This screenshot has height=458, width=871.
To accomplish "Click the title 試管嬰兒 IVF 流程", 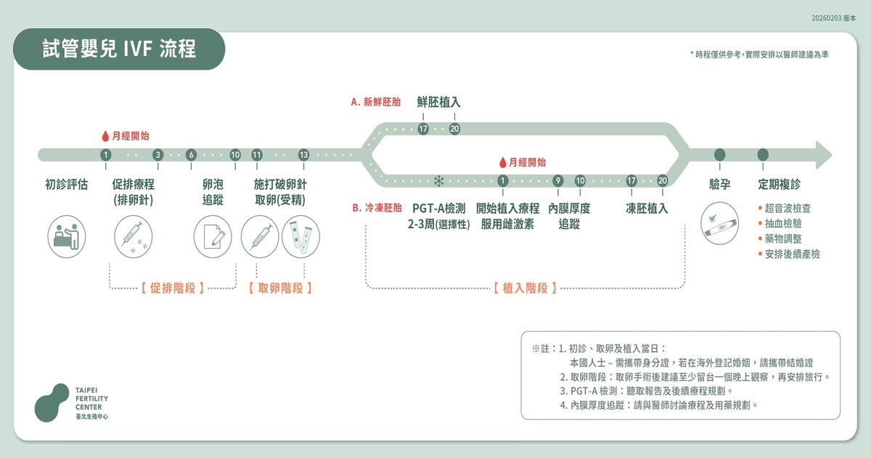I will pos(119,49).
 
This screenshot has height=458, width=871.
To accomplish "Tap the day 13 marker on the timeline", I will pos(303,155).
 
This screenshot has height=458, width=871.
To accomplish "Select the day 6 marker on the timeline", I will pos(191,155).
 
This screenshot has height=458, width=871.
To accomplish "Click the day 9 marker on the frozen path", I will pos(558,181).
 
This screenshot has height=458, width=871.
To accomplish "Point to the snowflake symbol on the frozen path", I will pos(438,181).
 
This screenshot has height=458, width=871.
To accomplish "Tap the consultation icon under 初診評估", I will pos(66,236).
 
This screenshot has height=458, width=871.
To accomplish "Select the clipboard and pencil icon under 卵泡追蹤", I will pos(213,236).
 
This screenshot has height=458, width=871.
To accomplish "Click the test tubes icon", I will pos(300,236).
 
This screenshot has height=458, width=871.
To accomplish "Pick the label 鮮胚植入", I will pos(438,103).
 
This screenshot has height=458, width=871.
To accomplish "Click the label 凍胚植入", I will pos(647,209).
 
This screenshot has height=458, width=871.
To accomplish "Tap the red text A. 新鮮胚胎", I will pos(376,103).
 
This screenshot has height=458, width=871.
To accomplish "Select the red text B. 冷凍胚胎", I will pos(377,208).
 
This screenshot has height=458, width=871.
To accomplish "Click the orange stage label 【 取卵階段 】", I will pos(280,288).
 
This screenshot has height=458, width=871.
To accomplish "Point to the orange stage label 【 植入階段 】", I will pos(525,288).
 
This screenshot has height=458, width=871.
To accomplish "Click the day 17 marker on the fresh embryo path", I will pos(423,129).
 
